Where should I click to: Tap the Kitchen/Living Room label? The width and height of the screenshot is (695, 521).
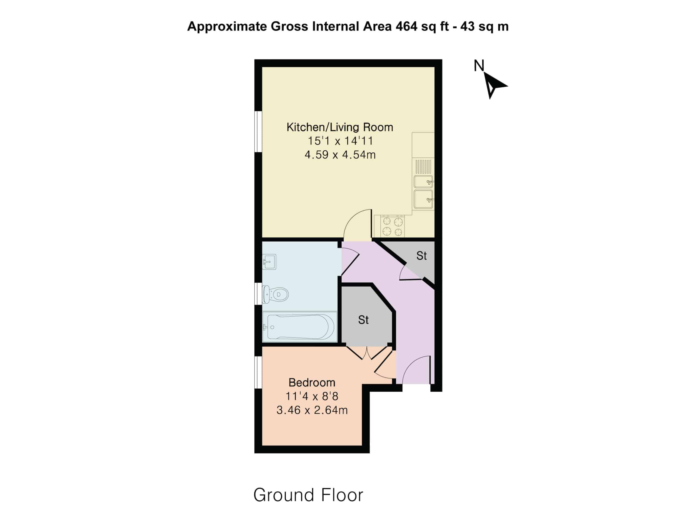point(340,127)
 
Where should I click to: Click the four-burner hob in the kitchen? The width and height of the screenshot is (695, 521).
point(392,226)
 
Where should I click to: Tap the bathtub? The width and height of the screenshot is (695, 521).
point(300,327)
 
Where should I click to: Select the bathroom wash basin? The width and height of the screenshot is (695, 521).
point(269,262)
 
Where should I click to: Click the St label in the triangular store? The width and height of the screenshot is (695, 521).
point(421,256)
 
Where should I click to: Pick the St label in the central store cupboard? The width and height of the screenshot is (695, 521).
point(363,320)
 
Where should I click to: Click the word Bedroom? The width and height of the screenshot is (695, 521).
point(312,383)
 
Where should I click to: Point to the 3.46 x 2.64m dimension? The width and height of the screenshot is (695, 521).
point(312,410)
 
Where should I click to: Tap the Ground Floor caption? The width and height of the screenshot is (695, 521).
point(308,495)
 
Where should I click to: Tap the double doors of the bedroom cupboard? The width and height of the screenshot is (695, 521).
point(367,353)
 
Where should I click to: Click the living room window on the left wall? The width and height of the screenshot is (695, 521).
point(258,132)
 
